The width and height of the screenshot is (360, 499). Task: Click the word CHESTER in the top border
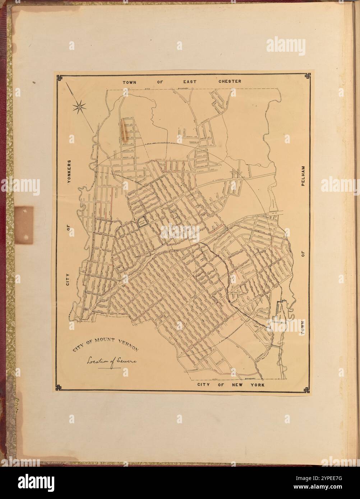coord(230,81)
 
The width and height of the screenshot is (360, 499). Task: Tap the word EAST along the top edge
coord(188,81)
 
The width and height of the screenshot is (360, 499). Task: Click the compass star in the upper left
coord(79,106)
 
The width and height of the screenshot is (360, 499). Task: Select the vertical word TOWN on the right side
coord(303,328)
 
